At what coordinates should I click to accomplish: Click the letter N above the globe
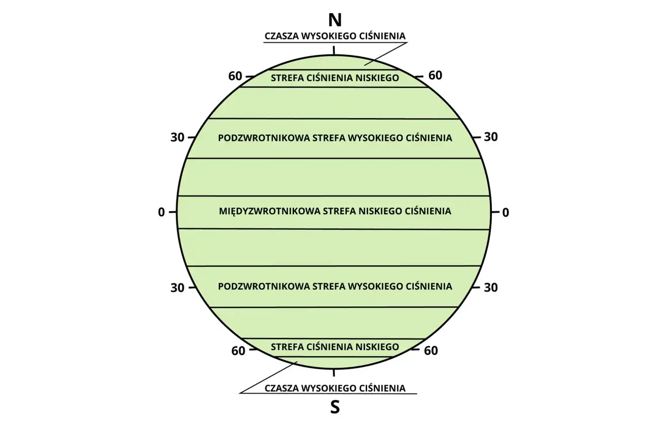pos(335,20)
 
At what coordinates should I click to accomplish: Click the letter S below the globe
pos(335,407)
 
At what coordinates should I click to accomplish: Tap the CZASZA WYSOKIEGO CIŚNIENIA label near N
pos(335,36)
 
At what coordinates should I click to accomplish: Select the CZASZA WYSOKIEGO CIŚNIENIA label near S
pos(335,388)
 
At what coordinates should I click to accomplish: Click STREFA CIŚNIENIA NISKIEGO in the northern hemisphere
pos(335,78)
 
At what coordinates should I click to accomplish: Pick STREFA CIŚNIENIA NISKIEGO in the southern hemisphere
pos(335,346)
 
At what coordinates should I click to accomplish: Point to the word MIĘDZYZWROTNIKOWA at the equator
pos(269,212)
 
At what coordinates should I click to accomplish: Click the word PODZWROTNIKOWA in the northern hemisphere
pos(263,138)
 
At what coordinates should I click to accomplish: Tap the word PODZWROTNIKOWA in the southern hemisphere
pos(263,287)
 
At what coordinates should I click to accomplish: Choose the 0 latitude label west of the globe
pos(161,212)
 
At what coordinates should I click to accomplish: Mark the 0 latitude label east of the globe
pos(506,213)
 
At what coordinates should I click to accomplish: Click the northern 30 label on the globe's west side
pos(177,137)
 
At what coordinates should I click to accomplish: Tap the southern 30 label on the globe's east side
pos(491,288)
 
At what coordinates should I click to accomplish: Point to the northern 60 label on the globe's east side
pos(436,75)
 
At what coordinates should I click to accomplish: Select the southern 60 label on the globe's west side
pos(238,351)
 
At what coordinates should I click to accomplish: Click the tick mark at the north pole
pos(334,50)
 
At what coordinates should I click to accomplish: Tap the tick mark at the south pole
pos(334,373)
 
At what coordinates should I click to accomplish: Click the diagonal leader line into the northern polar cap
pos(386,54)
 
